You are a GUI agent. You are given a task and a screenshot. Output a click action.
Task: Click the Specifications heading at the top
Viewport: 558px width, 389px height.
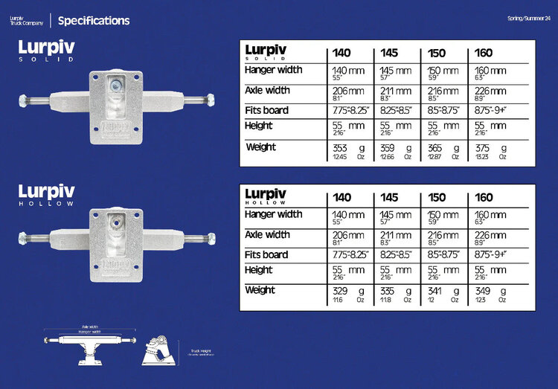point(93,21)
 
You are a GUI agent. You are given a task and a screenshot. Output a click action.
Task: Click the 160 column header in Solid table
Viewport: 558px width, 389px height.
point(484,54)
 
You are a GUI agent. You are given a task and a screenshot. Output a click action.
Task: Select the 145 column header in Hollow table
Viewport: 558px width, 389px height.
point(389,197)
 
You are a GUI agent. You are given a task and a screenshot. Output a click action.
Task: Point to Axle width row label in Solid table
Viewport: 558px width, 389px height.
point(268,90)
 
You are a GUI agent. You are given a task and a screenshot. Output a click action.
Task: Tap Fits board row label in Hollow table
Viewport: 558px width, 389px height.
point(267,254)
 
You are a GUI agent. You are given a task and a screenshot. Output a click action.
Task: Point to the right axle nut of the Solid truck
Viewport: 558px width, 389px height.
point(210,98)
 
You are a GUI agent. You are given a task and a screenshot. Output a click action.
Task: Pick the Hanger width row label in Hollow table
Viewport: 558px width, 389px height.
point(273,214)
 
